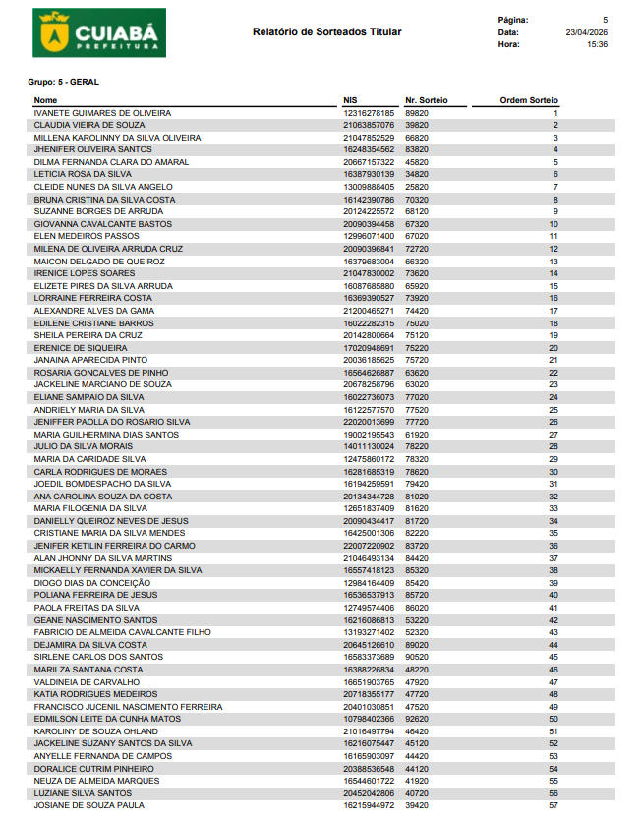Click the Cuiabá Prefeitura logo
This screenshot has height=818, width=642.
point(98,32)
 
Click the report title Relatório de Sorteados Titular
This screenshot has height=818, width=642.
point(326,32)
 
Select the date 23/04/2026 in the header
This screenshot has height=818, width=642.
point(587,32)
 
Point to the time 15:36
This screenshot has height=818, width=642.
point(597,44)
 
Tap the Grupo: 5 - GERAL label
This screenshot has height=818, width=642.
point(64,82)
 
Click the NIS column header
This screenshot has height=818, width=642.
point(350,100)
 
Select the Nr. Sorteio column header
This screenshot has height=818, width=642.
point(426,100)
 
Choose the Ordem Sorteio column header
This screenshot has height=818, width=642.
point(529,100)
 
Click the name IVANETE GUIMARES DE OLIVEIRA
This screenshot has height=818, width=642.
point(102,113)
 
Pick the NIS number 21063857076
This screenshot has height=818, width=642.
point(369,126)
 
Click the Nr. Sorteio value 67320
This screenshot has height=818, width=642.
point(417,224)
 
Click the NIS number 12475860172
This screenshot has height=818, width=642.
point(369,459)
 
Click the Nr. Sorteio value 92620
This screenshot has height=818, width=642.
point(417,719)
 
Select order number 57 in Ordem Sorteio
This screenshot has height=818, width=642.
point(554,805)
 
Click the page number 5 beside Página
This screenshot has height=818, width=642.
point(605,20)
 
